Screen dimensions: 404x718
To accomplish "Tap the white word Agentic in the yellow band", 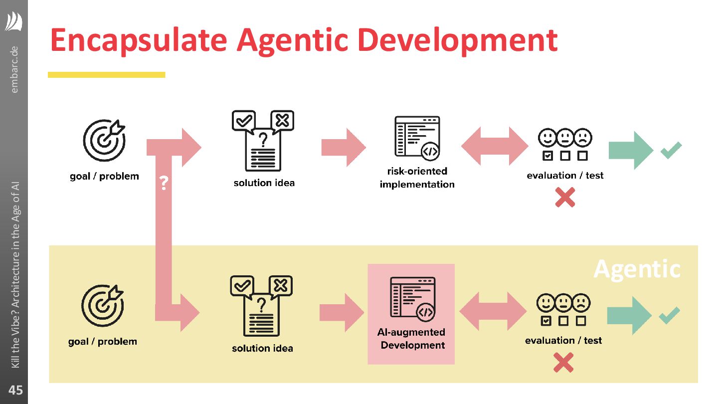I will [637, 269].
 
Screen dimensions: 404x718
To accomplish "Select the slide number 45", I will [15, 390].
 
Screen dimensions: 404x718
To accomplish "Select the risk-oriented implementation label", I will [417, 178].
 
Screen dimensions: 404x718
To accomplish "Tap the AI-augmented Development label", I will [411, 339].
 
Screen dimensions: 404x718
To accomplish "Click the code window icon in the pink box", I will [412, 298].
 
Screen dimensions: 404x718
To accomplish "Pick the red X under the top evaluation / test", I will [565, 197].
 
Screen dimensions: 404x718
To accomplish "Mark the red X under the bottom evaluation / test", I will [563, 362].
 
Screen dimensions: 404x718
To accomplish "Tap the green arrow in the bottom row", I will [629, 315].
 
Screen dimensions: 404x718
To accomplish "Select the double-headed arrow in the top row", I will [494, 146].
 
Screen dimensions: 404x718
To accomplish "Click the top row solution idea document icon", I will [263, 141].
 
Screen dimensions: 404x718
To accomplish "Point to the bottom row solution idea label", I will [262, 348].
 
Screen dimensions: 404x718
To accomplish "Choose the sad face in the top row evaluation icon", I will [582, 137].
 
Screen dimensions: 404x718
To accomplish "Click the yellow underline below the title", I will [106, 75].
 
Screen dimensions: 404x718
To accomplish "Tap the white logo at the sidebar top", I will [14, 22].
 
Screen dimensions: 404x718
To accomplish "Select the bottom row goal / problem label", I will [103, 342].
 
